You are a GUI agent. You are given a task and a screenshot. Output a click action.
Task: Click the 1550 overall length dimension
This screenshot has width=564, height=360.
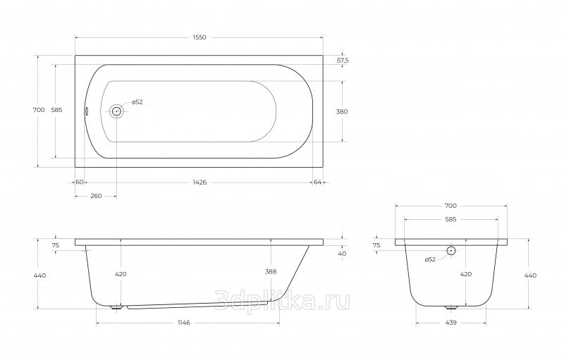pos(200,37)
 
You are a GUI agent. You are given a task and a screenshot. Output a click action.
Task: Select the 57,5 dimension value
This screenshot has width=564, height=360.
pos(343,61)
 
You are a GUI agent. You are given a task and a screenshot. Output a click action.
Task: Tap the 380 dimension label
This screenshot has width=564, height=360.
pos(342,111)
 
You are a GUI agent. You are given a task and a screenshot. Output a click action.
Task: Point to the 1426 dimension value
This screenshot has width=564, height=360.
pos(200,182)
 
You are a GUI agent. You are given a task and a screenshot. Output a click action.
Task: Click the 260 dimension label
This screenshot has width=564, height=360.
pos(96,196)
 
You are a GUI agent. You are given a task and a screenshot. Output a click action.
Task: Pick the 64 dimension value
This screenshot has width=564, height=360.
pos(318,182)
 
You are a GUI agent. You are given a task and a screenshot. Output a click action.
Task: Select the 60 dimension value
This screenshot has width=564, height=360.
pos(80,182)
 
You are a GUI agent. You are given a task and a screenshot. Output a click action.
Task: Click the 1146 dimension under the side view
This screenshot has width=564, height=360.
pos(183,323)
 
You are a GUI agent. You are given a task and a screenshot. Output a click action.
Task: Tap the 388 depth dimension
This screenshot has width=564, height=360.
pos(271,272)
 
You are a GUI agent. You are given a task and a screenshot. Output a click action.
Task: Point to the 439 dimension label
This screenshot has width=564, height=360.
pos(450,323)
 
